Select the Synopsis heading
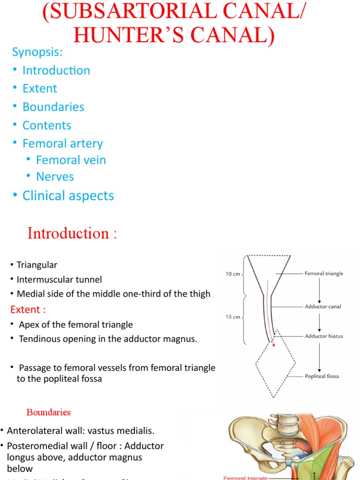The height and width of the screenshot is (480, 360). (37, 52)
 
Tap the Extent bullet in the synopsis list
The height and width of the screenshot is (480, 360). (40, 89)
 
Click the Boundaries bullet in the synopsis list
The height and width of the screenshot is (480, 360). (53, 107)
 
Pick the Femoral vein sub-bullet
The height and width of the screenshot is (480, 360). (71, 160)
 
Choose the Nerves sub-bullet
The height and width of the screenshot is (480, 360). (55, 177)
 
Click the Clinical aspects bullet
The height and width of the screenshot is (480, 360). (68, 195)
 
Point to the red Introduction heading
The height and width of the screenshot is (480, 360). (72, 233)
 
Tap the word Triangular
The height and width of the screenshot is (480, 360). (37, 265)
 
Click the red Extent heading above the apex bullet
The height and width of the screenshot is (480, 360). (28, 310)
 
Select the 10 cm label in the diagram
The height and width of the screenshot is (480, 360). (233, 274)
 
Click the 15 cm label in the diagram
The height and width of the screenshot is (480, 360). (233, 317)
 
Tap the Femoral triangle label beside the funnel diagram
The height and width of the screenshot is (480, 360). (323, 273)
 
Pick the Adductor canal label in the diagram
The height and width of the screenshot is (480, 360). (322, 307)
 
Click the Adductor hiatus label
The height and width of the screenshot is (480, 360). (323, 336)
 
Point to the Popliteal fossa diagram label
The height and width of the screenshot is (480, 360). (322, 376)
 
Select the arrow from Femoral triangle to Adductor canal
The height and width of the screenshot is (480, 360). (319, 290)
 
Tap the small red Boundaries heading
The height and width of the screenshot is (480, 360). (48, 412)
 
